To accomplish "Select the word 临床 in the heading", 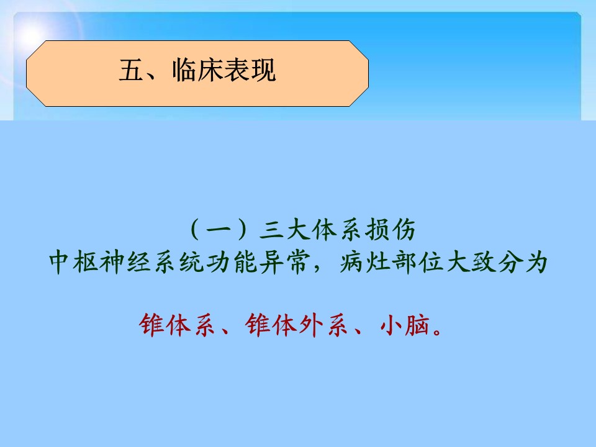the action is (197, 70).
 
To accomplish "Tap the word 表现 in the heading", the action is (250, 70).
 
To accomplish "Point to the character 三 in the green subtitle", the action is (271, 230).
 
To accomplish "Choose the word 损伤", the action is (390, 230).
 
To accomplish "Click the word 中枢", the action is (74, 262).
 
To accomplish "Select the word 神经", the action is (126, 262).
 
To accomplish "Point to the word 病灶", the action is (364, 262).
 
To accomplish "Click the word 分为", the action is (523, 262).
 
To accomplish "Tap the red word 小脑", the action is (405, 325).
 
